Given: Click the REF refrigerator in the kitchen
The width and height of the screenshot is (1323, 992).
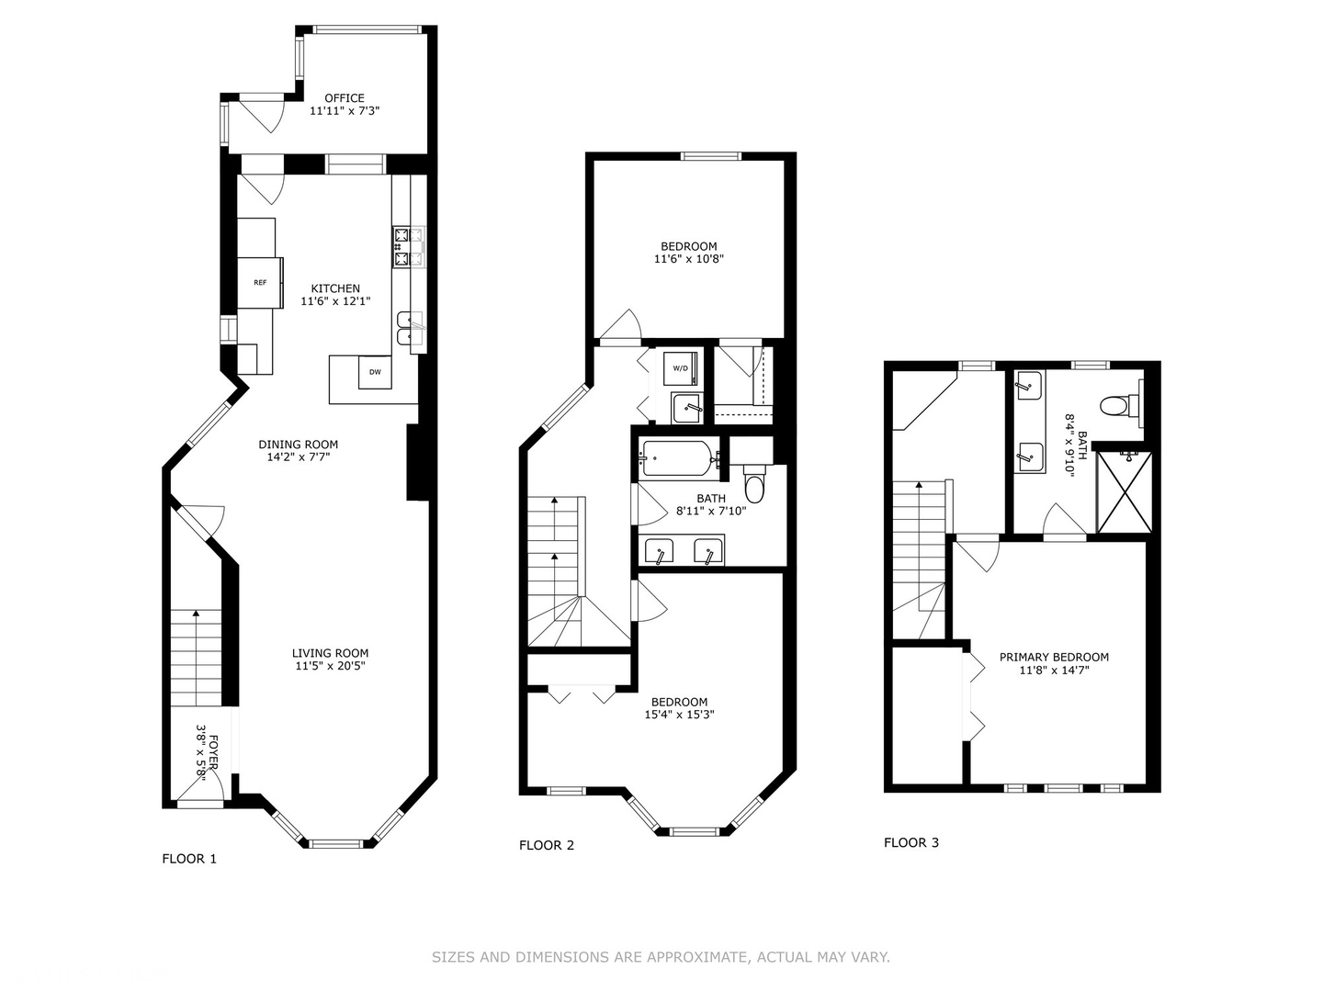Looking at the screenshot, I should (260, 283).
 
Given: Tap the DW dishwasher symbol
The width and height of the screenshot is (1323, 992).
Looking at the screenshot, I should (375, 372).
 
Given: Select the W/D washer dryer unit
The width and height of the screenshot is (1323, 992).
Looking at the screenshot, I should (680, 368).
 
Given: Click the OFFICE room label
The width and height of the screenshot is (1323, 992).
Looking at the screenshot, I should (345, 98).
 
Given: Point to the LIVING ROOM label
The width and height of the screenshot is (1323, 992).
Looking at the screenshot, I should (330, 654).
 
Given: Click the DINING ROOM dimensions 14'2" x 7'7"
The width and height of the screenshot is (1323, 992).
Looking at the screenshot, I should (298, 457).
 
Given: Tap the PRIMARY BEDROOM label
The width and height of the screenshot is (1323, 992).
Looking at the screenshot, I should (1054, 658).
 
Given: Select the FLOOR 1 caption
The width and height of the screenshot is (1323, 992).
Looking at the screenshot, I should (189, 859).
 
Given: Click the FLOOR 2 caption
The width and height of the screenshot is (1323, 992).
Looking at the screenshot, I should (547, 845).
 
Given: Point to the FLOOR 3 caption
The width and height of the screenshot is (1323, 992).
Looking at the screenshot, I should (911, 842).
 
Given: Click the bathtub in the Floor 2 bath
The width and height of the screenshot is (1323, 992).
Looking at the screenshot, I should (677, 458).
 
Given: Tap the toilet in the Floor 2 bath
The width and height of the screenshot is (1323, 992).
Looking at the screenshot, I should (754, 484).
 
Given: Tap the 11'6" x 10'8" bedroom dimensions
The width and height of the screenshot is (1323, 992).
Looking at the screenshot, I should (689, 259).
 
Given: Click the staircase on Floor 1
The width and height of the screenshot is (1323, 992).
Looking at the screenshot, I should (198, 657).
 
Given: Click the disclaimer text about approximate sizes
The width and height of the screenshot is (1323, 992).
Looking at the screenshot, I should (661, 957).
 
